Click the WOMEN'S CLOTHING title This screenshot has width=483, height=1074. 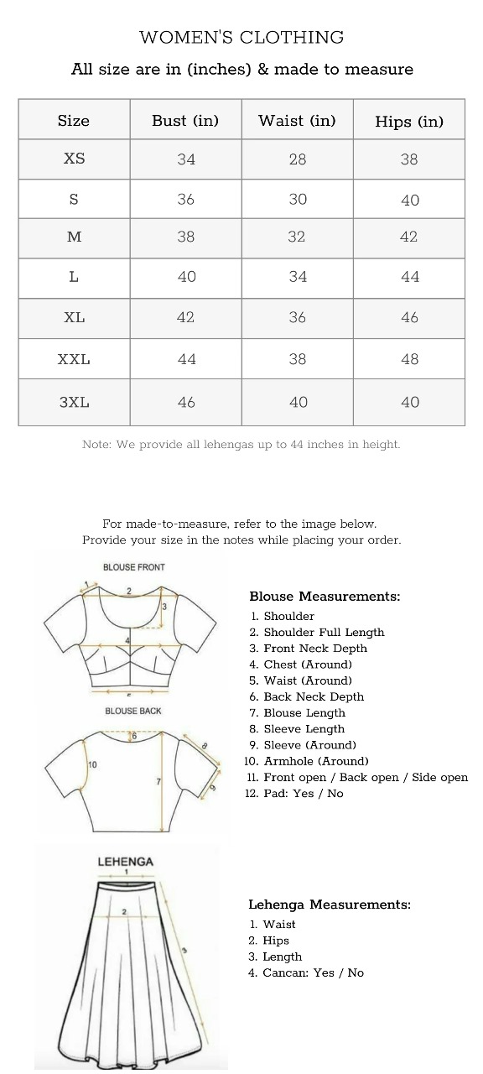241,37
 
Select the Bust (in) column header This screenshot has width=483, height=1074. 185,121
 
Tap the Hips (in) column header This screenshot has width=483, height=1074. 408,122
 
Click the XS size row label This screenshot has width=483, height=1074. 74,159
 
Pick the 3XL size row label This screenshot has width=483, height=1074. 74,402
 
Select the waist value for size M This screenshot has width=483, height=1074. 297,237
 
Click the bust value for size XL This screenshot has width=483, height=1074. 185,317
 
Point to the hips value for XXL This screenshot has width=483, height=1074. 409,358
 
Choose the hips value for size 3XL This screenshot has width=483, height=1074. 409,402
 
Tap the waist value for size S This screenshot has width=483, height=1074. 298,200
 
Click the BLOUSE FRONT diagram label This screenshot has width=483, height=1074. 134,567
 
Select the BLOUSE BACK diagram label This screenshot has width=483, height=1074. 133,711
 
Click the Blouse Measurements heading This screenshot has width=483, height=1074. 325,597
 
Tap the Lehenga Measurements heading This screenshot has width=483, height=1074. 330,905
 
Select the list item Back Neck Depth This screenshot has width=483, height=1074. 314,696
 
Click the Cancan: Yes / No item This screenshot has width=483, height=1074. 313,972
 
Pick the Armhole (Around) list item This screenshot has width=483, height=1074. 315,761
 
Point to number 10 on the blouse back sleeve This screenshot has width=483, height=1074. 92,764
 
